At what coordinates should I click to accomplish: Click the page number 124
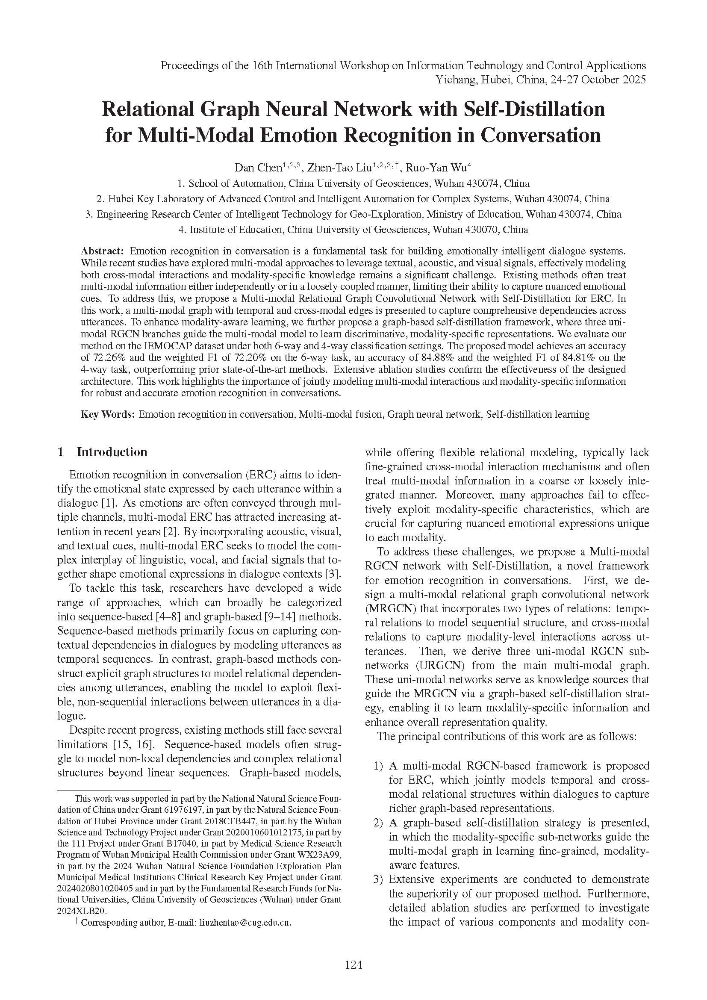353,965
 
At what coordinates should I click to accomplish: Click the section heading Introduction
112,452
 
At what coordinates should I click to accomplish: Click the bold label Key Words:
108,414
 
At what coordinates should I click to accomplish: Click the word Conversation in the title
540,135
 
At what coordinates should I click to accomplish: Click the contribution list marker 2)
378,823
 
